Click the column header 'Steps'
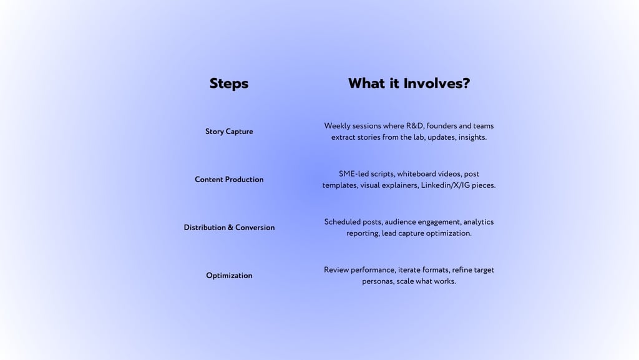229,84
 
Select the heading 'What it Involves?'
409,84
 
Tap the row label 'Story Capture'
229,132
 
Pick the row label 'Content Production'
229,180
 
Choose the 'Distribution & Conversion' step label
229,228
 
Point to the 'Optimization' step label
229,276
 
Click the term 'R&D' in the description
415,126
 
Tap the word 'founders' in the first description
442,126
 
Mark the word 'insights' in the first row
472,137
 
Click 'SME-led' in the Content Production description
354,174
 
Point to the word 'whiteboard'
417,174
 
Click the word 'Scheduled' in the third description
342,222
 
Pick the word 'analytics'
478,222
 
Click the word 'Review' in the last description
336,270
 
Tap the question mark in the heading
465,84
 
